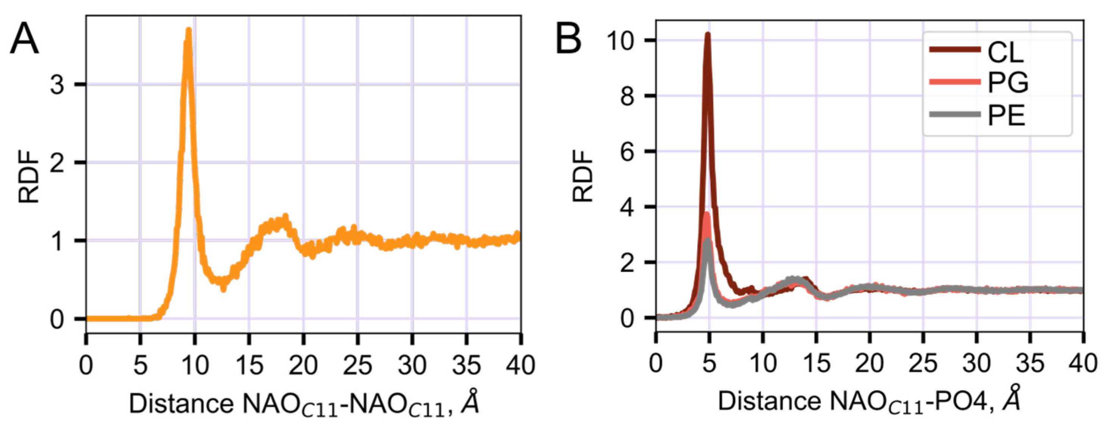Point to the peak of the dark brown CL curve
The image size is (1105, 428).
pyautogui.click(x=708, y=34)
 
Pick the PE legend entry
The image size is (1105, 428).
pyautogui.click(x=1006, y=115)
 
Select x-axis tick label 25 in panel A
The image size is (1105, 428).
pyautogui.click(x=358, y=366)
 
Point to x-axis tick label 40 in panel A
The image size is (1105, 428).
pyautogui.click(x=520, y=366)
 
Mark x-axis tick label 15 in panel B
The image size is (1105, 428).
pyautogui.click(x=816, y=364)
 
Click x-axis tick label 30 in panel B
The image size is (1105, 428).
pyautogui.click(x=977, y=364)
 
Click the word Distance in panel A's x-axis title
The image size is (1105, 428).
pyautogui.click(x=181, y=403)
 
